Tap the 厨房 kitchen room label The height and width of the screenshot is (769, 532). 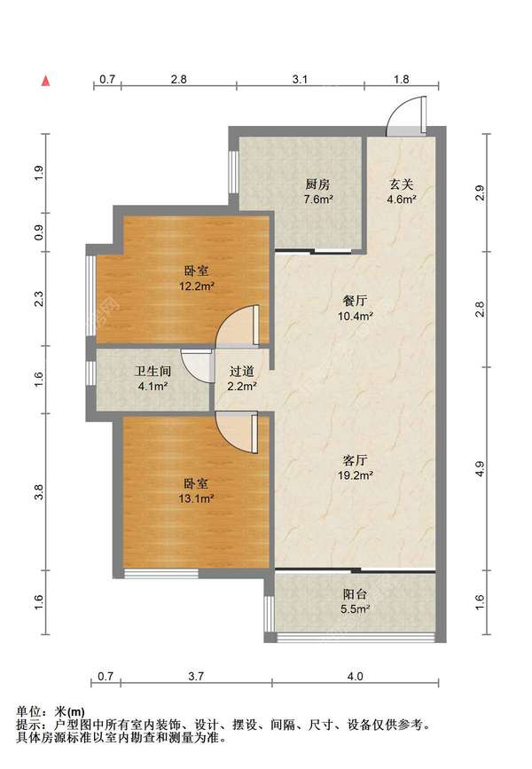pos(317,184)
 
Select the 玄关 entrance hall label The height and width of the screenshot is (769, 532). pos(401,184)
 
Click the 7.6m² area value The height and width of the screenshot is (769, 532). pos(317,199)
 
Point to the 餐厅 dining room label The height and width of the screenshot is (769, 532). pos(355,301)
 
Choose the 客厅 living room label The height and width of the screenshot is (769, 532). pos(355,460)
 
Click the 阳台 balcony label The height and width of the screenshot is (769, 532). pos(355,594)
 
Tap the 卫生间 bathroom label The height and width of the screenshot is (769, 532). pos(153,372)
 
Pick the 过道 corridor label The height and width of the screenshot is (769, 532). pos(242,372)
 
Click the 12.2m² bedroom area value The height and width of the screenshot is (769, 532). pos(196,286)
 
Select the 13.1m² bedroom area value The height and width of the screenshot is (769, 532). pos(196,498)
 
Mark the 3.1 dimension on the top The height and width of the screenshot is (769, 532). pos(300,79)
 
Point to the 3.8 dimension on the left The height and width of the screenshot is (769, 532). pos(39,491)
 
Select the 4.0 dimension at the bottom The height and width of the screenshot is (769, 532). pos(355,677)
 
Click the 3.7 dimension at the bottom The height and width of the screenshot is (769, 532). pos(196,677)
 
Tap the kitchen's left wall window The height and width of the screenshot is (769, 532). pos(234,171)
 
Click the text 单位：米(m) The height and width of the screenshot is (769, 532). pos(51,711)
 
